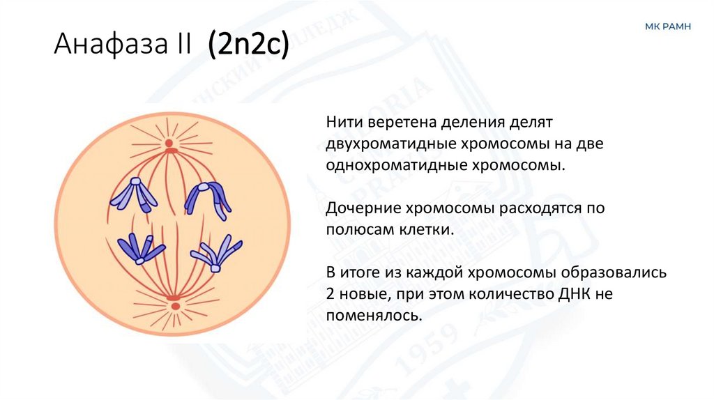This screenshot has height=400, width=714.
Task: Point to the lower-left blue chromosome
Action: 140,248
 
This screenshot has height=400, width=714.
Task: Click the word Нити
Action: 342,123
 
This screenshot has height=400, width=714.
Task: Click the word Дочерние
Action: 356,208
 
